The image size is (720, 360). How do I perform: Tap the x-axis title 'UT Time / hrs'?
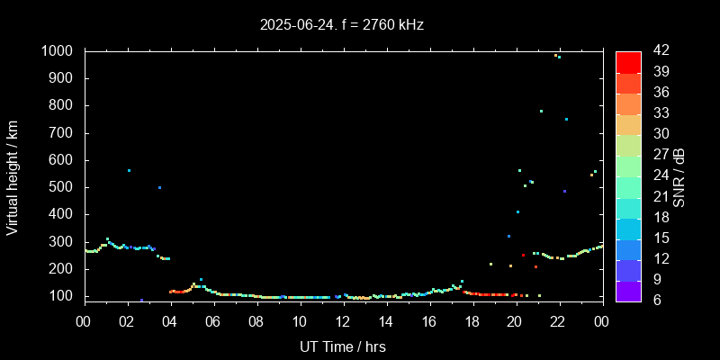click(x=343, y=346)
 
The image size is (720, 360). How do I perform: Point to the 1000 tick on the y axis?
click(x=58, y=51)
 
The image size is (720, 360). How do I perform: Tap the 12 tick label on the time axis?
click(x=343, y=321)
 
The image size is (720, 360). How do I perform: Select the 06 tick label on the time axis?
click(x=213, y=321)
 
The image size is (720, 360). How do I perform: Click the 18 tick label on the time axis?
click(x=472, y=321)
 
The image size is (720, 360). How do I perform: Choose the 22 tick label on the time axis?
click(x=558, y=321)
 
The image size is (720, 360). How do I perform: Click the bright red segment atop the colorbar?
click(x=628, y=61)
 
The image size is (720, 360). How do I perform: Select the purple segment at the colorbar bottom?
click(x=628, y=290)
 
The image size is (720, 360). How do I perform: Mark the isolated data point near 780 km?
click(x=541, y=111)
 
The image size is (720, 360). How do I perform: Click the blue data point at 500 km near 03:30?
click(x=159, y=187)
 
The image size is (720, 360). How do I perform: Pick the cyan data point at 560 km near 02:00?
click(x=129, y=170)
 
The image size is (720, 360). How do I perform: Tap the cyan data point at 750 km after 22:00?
click(x=566, y=119)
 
